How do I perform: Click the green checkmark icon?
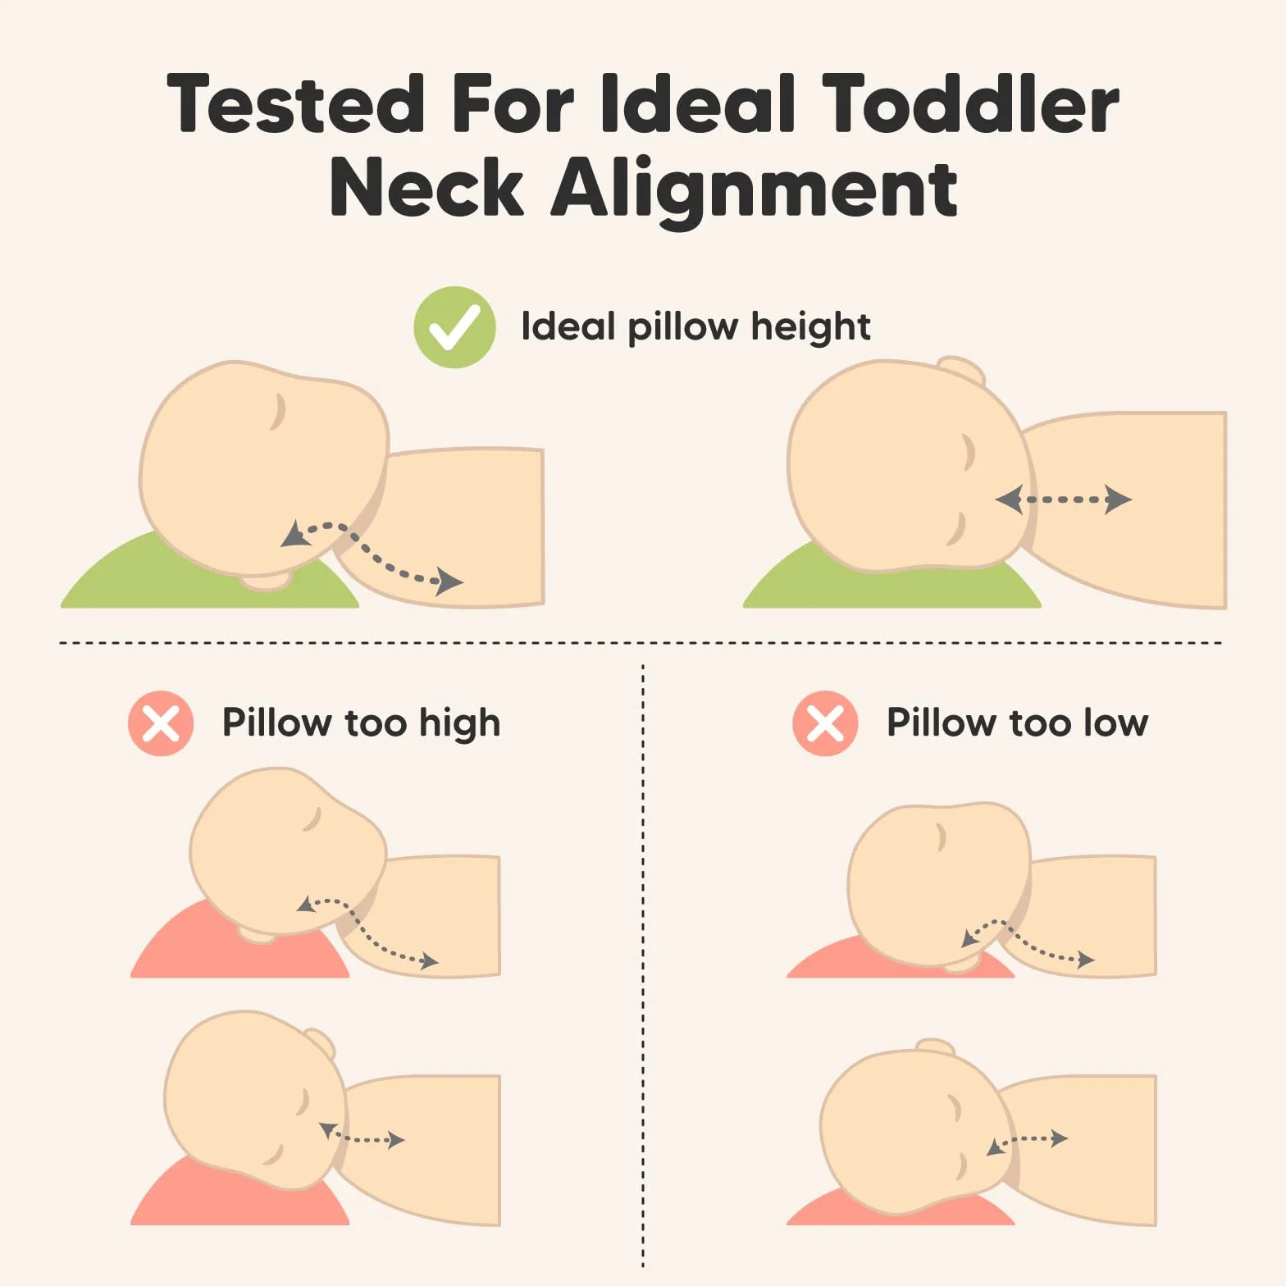[x=454, y=327]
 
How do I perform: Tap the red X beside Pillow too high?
[x=161, y=723]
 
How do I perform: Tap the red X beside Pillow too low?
[x=825, y=723]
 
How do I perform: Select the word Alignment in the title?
[x=754, y=189]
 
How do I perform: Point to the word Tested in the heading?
[x=295, y=103]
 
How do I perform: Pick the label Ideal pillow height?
[x=695, y=327]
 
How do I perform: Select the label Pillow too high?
[x=361, y=723]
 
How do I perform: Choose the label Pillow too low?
[x=1017, y=723]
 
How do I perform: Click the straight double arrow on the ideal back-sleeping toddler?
[x=1064, y=499]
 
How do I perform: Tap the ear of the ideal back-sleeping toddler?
[x=961, y=369]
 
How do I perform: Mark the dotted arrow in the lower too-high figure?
[x=362, y=1138]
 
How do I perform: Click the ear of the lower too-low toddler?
[x=935, y=1047]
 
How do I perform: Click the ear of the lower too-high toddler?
[x=321, y=1042]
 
